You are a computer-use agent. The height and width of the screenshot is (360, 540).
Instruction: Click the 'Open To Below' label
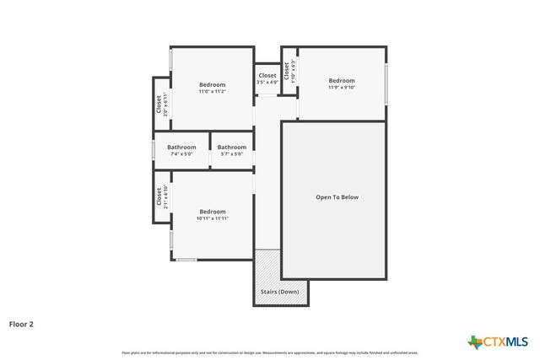pyautogui.click(x=337, y=197)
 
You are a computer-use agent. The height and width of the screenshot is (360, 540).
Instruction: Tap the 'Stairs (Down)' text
pyautogui.click(x=280, y=292)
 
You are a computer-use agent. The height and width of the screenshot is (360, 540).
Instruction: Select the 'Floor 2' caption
pyautogui.click(x=22, y=323)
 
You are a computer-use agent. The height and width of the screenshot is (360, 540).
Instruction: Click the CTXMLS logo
pyautogui.click(x=499, y=341)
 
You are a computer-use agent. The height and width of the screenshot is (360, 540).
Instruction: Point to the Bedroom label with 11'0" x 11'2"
pyautogui.click(x=212, y=84)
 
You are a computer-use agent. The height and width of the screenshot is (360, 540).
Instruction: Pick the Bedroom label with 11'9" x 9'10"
pyautogui.click(x=342, y=81)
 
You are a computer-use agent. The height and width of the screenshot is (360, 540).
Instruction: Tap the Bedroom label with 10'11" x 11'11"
pyautogui.click(x=212, y=212)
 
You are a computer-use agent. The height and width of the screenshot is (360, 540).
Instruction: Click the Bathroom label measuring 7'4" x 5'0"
pyautogui.click(x=181, y=148)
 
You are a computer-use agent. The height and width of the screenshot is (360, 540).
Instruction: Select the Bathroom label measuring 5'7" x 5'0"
pyautogui.click(x=232, y=148)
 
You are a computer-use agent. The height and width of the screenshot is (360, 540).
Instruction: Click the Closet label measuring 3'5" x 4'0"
pyautogui.click(x=267, y=76)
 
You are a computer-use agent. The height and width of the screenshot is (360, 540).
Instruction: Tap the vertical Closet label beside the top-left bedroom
pyautogui.click(x=159, y=104)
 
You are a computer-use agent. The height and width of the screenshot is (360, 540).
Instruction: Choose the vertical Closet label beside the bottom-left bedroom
pyautogui.click(x=159, y=196)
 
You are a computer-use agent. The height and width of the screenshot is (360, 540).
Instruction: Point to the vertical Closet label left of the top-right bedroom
pyautogui.click(x=288, y=70)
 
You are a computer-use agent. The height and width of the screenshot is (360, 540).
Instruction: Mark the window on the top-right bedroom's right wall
pyautogui.click(x=387, y=83)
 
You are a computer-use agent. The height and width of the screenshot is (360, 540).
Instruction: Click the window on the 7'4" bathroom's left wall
pyautogui.click(x=153, y=150)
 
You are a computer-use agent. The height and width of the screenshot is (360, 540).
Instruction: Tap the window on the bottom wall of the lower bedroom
pyautogui.click(x=186, y=260)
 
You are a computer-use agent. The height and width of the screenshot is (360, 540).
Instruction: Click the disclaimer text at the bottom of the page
pyautogui.click(x=269, y=352)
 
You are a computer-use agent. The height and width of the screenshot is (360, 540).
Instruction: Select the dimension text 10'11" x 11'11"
pyautogui.click(x=212, y=218)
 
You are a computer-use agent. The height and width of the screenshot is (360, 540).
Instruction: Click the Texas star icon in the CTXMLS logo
pyautogui.click(x=475, y=341)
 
